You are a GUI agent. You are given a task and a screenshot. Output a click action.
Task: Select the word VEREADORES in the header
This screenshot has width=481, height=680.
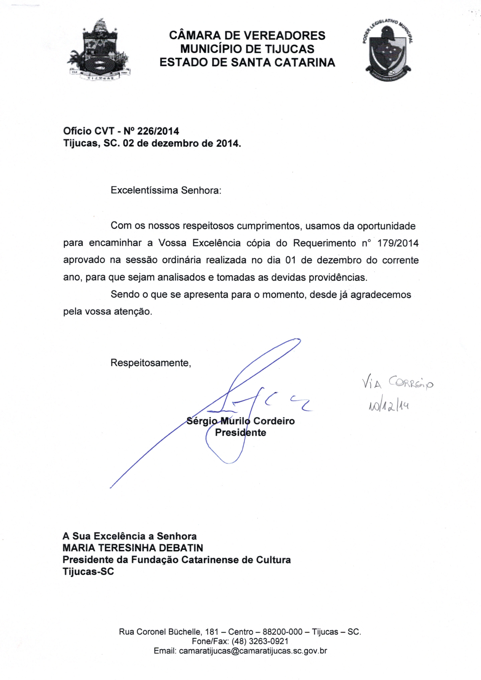(285, 36)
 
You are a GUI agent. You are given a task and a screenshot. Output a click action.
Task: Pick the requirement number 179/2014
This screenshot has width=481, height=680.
(398, 243)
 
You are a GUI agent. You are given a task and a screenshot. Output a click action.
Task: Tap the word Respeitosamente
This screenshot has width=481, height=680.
(151, 363)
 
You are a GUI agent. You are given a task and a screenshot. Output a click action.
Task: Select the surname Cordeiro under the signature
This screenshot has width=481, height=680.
(274, 421)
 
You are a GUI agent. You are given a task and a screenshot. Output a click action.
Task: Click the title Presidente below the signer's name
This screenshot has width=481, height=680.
(240, 433)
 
